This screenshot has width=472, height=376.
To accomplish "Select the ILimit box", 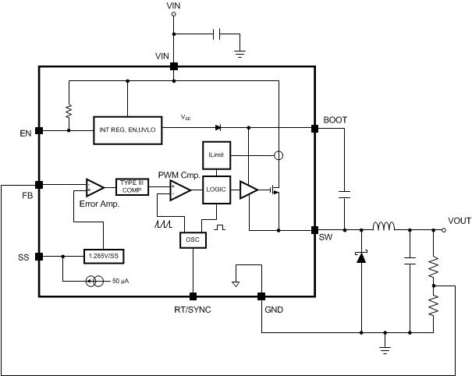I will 215,155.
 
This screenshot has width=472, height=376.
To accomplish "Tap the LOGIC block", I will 216,190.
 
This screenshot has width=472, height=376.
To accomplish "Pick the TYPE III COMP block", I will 130,186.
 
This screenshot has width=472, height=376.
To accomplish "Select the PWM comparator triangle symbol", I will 180,190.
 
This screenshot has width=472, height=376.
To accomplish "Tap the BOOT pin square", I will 315,129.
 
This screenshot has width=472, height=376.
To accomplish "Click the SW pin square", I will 315,231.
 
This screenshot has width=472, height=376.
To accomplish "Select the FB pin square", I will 39,185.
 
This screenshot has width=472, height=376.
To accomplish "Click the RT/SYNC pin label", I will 192,310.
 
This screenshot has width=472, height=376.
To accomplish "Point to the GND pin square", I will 261,296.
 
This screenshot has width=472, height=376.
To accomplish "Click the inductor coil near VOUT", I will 384,228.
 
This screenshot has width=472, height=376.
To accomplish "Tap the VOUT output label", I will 460,221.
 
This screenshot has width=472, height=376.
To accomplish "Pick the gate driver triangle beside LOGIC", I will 249,190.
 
